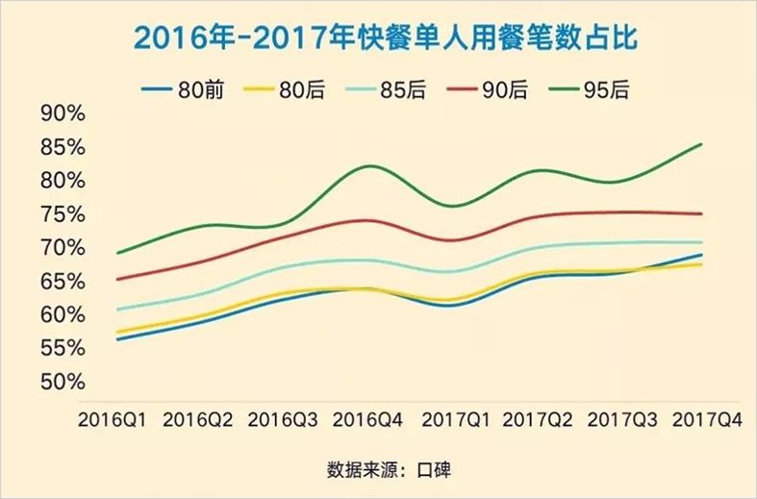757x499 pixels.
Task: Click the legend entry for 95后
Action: click(x=604, y=90)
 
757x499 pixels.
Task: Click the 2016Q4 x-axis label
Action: click(x=368, y=420)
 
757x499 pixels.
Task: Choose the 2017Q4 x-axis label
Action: click(x=707, y=420)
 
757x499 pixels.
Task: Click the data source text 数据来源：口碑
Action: click(x=389, y=470)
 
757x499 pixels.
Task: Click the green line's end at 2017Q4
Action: click(x=701, y=144)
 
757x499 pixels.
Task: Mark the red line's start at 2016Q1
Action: click(x=116, y=280)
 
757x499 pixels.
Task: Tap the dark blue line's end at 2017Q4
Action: click(x=701, y=255)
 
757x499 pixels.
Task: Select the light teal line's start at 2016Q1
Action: click(x=116, y=310)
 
